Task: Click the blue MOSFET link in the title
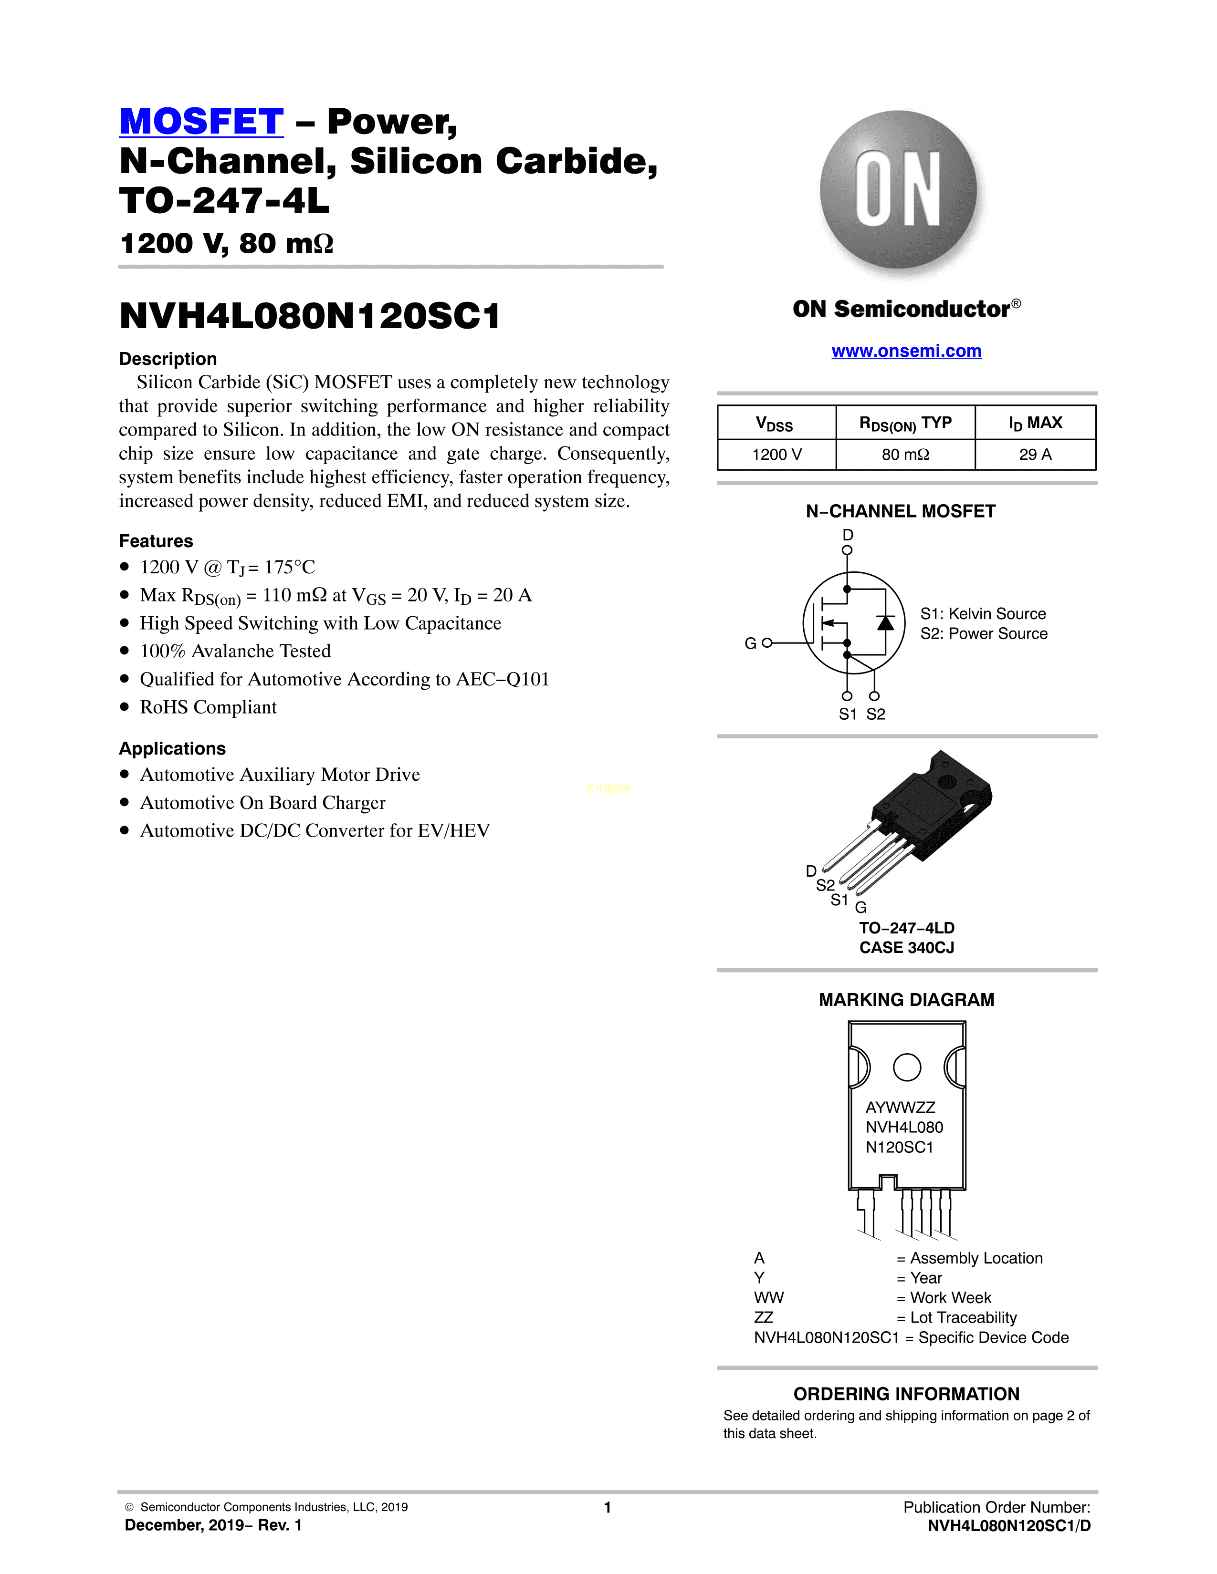(201, 121)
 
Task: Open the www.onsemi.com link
(906, 351)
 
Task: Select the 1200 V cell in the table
(776, 455)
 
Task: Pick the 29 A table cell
(1035, 455)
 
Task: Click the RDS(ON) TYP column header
(905, 423)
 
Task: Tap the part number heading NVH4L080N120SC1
(310, 316)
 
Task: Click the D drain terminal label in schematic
(848, 535)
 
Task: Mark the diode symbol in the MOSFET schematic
(885, 622)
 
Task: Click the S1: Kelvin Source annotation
(983, 614)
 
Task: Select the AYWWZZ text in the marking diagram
(901, 1108)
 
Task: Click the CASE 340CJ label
(906, 948)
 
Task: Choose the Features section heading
(156, 541)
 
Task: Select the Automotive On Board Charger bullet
(262, 803)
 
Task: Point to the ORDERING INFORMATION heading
(906, 1394)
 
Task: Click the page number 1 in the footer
(608, 1507)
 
